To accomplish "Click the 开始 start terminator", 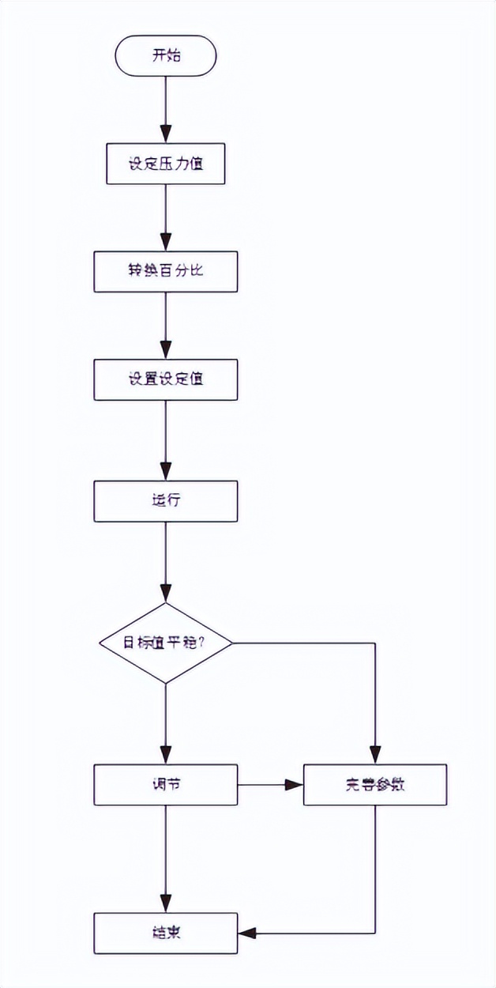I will [x=165, y=55].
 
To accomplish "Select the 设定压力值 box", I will [x=165, y=164].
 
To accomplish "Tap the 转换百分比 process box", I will [x=165, y=271].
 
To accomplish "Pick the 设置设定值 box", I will [x=165, y=379].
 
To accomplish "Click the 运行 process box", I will [x=165, y=500].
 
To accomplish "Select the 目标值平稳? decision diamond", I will [x=165, y=642].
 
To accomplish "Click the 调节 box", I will [x=165, y=785].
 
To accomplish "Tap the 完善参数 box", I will [x=374, y=785].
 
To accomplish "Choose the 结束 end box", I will [x=165, y=933].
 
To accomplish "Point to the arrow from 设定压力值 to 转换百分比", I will [x=165, y=218].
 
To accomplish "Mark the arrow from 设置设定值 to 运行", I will [x=165, y=439].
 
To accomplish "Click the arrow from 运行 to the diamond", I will [x=165, y=561].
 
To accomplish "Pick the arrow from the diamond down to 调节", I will [x=165, y=723].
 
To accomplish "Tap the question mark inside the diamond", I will [x=204, y=642].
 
